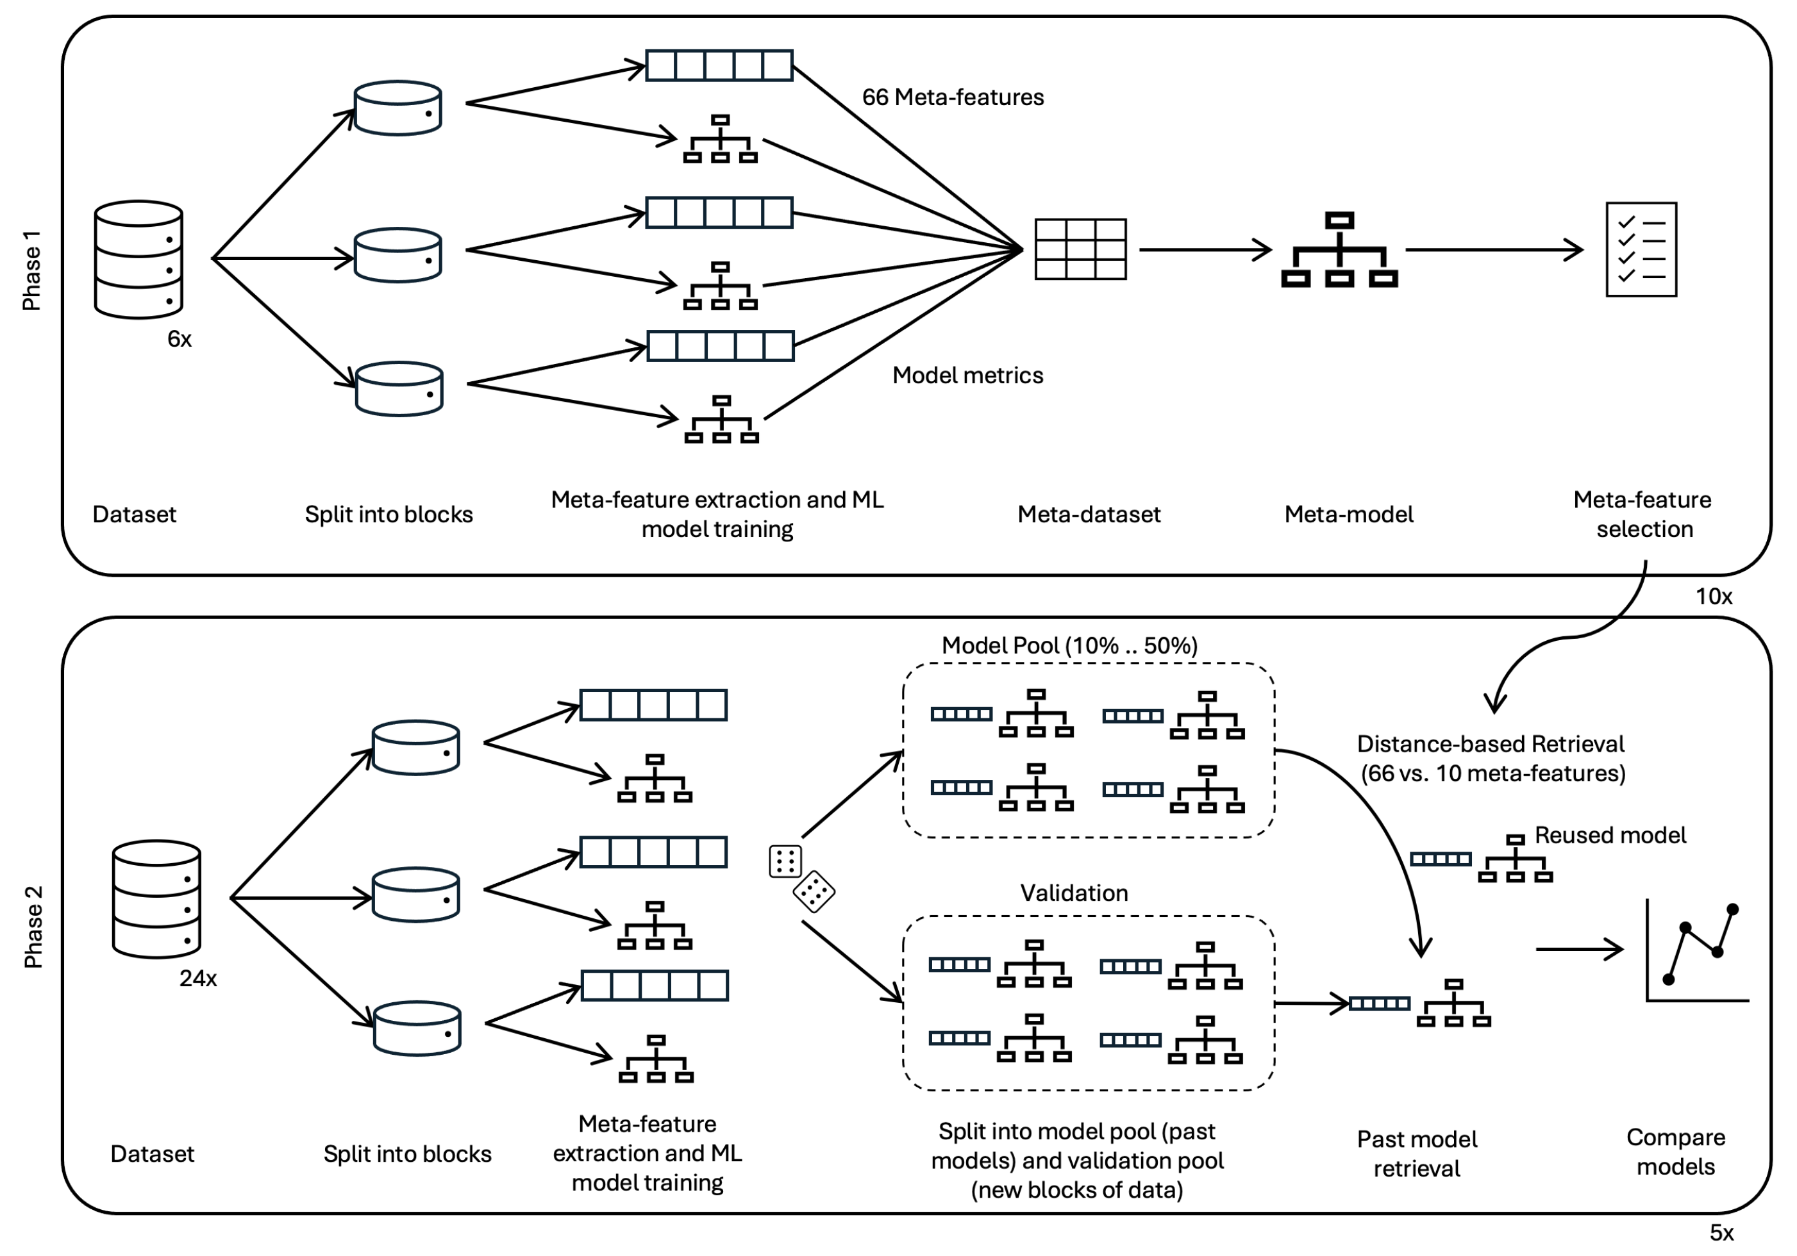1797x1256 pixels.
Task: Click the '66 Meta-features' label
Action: click(953, 97)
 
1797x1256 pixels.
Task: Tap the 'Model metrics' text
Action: click(967, 376)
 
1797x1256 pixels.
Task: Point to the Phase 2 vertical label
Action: click(33, 927)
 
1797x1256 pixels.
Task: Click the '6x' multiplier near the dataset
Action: click(180, 339)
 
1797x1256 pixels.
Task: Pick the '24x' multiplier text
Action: click(198, 978)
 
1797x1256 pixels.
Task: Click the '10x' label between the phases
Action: click(1713, 597)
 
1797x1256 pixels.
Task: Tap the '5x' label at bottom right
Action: click(1721, 1232)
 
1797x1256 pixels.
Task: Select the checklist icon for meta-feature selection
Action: click(1641, 250)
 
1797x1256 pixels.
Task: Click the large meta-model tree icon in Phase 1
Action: click(1339, 250)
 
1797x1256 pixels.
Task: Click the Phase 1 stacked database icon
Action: click(138, 260)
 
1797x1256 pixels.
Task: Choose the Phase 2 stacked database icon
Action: click(156, 899)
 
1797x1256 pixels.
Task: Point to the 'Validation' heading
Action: click(1074, 893)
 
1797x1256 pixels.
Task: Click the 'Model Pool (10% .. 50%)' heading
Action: click(1069, 645)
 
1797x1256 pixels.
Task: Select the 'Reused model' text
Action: click(1610, 835)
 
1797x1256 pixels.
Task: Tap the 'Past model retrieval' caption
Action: click(1417, 1153)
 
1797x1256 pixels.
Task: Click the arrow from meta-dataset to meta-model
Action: click(1205, 250)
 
